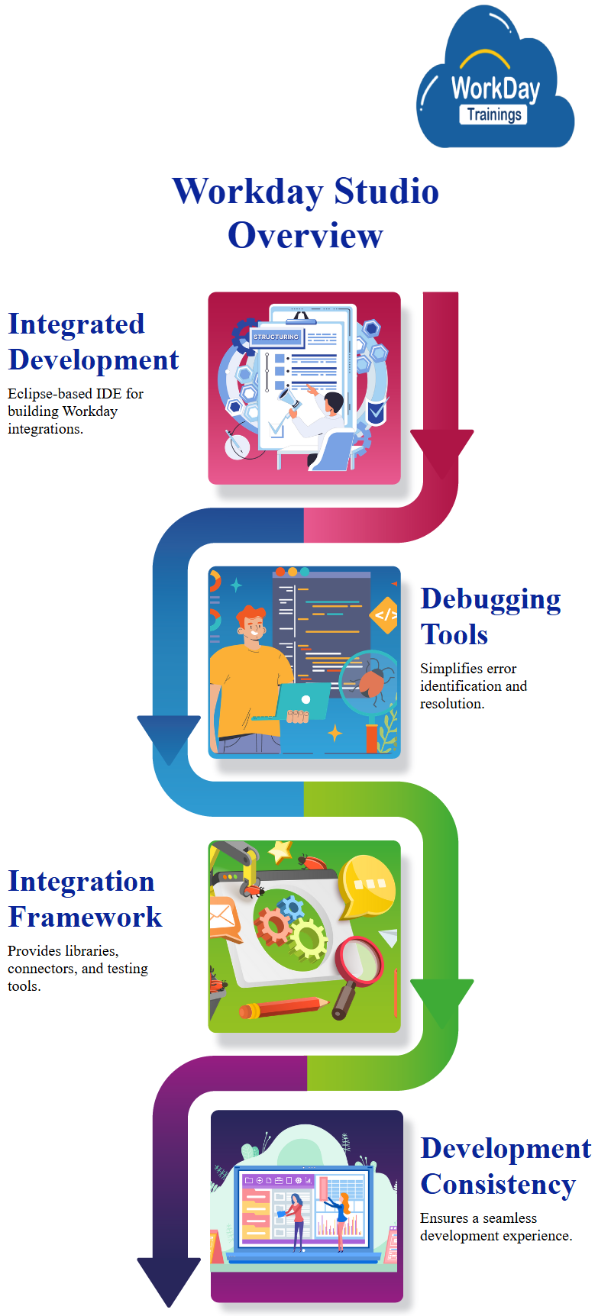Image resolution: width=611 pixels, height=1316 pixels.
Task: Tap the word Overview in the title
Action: click(305, 235)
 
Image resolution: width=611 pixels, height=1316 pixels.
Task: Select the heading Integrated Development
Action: click(93, 341)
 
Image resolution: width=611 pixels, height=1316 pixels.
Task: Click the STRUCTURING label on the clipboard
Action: click(276, 337)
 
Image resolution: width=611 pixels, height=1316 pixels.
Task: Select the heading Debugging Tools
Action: click(490, 616)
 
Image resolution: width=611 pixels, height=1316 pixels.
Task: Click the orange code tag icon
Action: click(385, 614)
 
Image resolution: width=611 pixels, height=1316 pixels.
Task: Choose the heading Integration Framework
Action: click(85, 898)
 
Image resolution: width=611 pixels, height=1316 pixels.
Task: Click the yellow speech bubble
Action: click(366, 885)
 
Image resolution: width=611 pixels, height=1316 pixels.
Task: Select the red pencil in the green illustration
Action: click(283, 1008)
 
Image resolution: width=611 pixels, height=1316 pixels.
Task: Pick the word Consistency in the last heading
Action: click(498, 1184)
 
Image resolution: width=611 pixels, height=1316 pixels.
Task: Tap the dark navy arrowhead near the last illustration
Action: click(169, 1282)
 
